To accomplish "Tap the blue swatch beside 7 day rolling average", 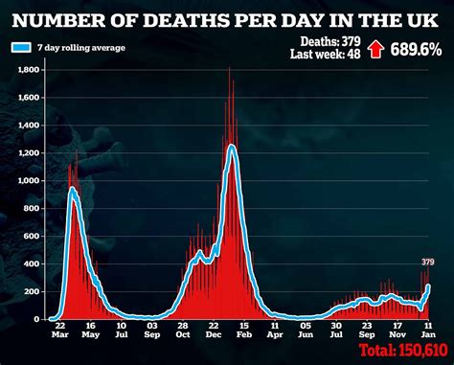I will pos(19,47).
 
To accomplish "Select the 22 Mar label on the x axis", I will pos(60,331).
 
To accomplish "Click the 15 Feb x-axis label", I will pos(243,331).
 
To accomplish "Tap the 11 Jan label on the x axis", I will pos(426,331).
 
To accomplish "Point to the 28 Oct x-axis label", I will pos(182,331).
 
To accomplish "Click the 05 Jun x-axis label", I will pos(304,331).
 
